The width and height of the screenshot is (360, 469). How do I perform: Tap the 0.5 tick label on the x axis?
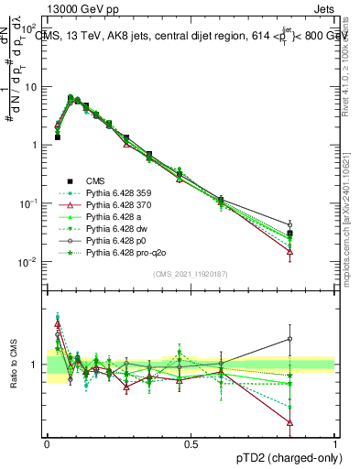(x=191, y=442)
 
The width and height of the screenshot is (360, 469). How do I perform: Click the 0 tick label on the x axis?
(x=47, y=442)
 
